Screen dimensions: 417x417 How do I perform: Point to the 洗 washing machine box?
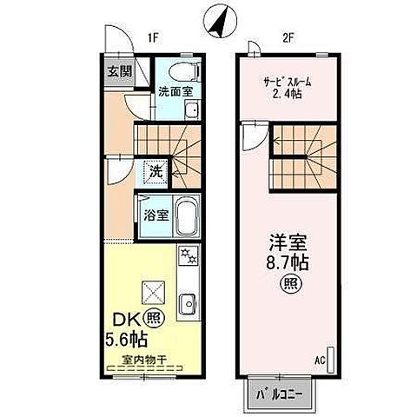(x=153, y=171)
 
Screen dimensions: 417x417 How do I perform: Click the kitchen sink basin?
(x=188, y=304)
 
